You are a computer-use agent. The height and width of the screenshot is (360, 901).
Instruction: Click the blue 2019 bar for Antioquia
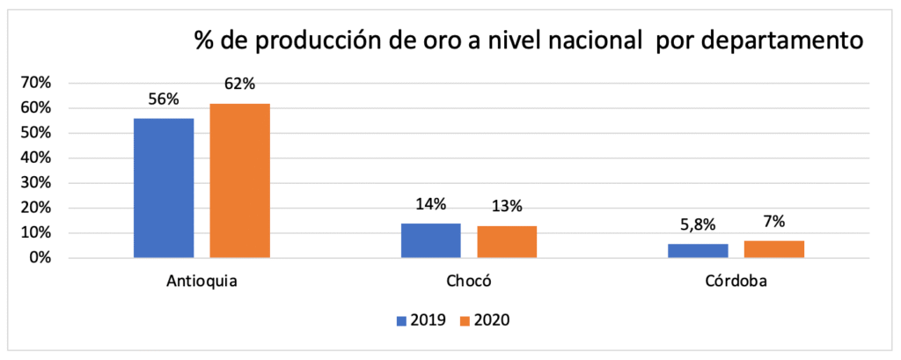164,187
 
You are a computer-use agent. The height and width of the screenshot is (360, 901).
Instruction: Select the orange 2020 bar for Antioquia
239,180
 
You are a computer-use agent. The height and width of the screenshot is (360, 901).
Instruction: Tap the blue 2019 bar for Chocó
431,240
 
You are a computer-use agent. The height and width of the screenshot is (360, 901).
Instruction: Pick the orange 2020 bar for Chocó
507,242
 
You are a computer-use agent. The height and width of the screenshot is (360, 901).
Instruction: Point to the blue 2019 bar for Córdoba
699,251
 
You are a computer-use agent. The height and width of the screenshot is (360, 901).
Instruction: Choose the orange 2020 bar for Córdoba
774,249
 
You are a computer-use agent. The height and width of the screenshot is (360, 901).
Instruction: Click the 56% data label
164,99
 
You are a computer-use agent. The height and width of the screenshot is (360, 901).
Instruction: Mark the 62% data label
239,84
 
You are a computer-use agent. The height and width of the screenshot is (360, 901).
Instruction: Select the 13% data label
507,207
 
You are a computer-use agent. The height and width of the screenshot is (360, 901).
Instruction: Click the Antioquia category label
201,283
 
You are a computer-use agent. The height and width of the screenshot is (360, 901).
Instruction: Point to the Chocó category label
469,283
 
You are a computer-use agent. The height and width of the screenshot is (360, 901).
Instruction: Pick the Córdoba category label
736,283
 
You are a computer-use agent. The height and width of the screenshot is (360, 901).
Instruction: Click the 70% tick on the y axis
37,83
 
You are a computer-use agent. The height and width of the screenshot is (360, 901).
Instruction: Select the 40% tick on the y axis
37,158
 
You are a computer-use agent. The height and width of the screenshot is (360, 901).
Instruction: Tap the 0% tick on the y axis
40,259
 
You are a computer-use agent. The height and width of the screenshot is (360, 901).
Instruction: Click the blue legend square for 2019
402,320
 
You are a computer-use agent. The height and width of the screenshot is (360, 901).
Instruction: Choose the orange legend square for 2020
465,320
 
